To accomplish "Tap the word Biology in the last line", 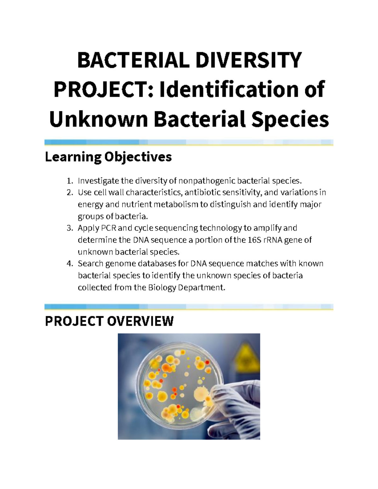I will click(162, 287).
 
